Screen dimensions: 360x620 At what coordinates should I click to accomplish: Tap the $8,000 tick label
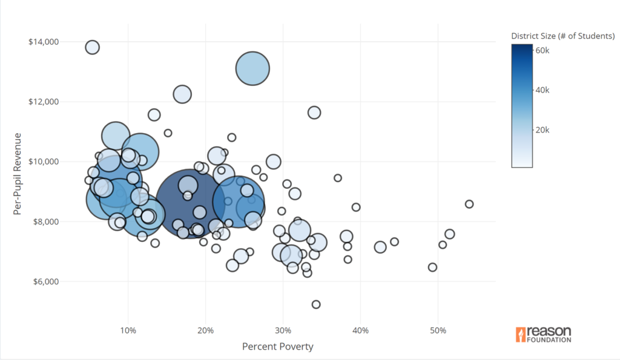[x=44, y=221]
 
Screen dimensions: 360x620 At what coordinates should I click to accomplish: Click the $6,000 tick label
[x=44, y=281]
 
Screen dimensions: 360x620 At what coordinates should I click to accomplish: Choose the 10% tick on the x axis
[x=128, y=330]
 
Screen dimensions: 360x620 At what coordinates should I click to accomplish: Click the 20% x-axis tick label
[x=205, y=330]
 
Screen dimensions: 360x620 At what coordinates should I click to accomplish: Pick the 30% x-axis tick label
[x=283, y=330]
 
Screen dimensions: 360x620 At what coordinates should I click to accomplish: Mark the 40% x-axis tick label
[x=360, y=330]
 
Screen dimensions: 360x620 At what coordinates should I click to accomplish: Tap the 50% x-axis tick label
[x=438, y=330]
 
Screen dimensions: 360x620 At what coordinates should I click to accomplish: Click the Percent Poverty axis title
[x=277, y=347]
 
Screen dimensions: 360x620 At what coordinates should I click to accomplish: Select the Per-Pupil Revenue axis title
[x=18, y=174]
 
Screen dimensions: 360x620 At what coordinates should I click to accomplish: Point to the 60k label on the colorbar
[x=542, y=50]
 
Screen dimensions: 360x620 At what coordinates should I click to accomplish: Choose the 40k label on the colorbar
[x=542, y=90]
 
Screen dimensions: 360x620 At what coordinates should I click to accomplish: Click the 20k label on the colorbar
[x=542, y=130]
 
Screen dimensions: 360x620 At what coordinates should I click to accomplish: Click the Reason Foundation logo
[x=543, y=335]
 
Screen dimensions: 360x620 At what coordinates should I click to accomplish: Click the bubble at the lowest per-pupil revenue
[x=316, y=304]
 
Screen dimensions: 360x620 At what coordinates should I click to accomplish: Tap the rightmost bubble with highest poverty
[x=469, y=204]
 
